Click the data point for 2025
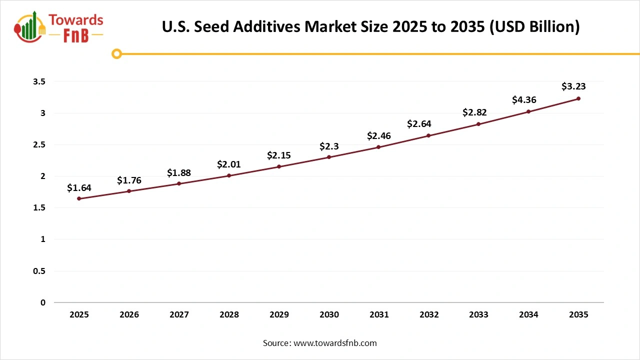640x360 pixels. point(79,198)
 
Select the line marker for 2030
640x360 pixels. point(329,157)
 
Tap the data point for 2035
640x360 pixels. point(578,98)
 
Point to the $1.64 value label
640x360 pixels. point(79,187)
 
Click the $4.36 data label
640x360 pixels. point(524,100)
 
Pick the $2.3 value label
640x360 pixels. point(329,146)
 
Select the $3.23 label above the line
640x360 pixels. point(573,86)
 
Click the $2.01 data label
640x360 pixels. point(229,164)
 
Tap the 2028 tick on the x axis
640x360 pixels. point(229,314)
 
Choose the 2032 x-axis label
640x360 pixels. point(429,314)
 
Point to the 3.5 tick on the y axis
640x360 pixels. point(39,81)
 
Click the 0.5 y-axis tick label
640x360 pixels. point(39,271)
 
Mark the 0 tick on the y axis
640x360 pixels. point(42,302)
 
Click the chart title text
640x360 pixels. point(370,27)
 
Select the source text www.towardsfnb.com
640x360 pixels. point(320,343)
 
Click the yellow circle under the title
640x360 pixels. point(116,53)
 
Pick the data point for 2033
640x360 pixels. point(478,124)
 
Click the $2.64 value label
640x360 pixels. point(419,123)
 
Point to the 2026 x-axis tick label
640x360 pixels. point(129,314)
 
